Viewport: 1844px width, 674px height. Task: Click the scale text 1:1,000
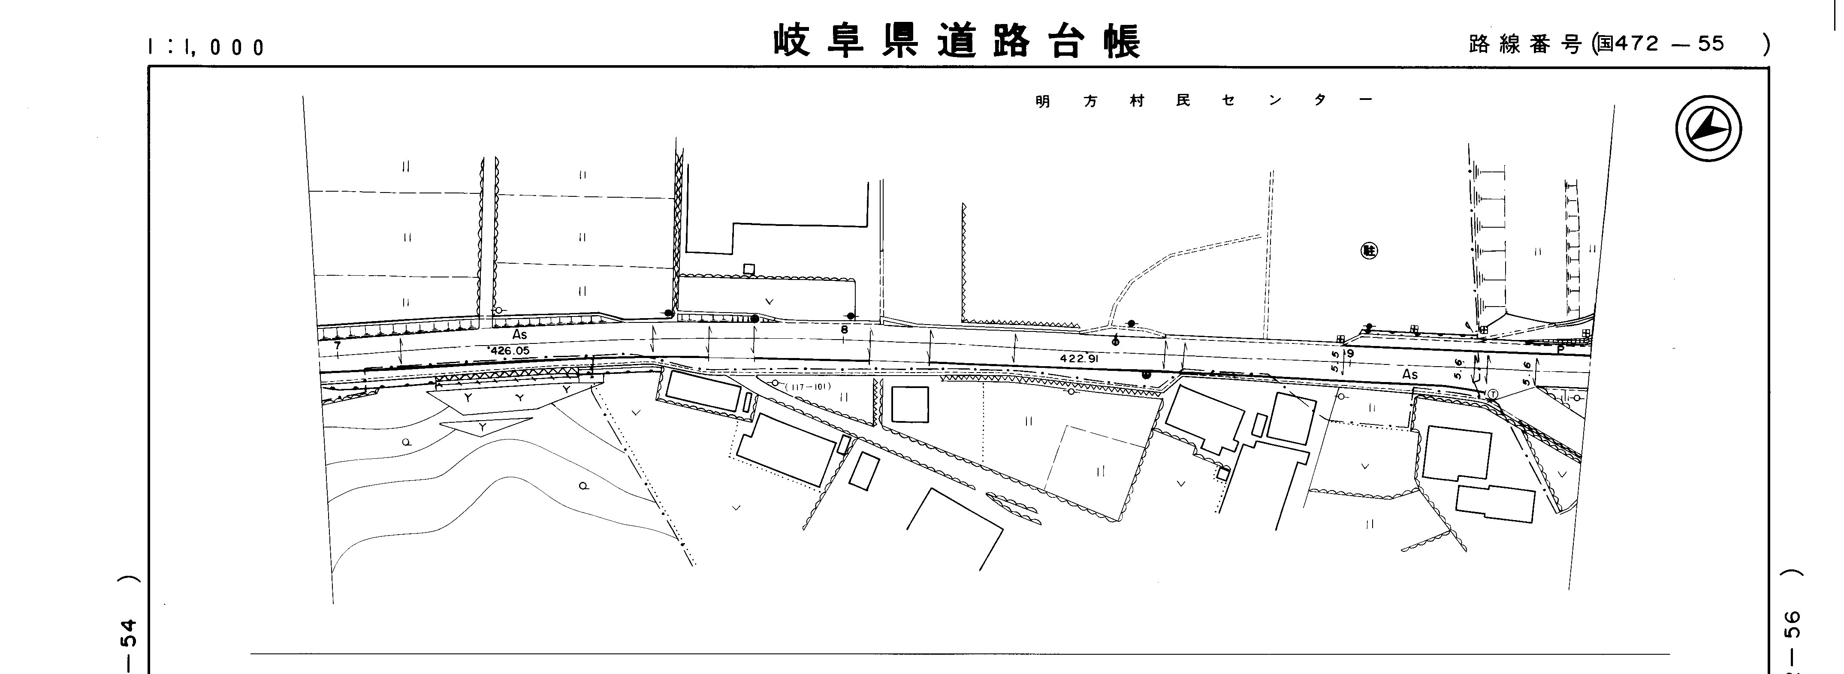pos(205,47)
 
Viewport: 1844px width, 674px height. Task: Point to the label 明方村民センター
pos(1203,101)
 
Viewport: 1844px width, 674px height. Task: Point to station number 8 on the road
pos(844,330)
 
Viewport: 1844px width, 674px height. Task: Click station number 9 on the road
pos(1350,353)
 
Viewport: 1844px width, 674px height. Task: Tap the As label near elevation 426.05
pos(520,335)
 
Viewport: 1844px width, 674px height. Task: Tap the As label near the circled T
pos(1409,374)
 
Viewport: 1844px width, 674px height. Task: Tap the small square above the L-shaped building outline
pos(749,269)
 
